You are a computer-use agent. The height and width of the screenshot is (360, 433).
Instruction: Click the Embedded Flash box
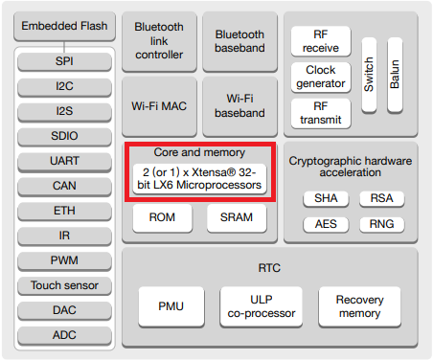[x=65, y=26]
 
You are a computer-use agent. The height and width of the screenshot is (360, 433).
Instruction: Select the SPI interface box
[x=65, y=62]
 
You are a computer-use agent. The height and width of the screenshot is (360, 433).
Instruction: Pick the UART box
[x=65, y=162]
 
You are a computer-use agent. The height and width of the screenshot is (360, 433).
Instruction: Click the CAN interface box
[x=65, y=186]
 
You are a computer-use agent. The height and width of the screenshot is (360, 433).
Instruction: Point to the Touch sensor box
[x=65, y=285]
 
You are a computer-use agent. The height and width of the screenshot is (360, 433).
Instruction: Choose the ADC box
[x=65, y=335]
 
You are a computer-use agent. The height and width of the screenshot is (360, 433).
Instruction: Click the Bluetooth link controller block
[x=159, y=41]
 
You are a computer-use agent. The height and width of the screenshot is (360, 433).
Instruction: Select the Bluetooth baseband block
[x=239, y=41]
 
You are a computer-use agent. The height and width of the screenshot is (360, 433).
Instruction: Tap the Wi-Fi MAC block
[x=159, y=105]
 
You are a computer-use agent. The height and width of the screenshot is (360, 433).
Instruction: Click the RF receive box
[x=321, y=41]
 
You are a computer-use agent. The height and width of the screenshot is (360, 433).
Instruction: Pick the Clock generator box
[x=321, y=78]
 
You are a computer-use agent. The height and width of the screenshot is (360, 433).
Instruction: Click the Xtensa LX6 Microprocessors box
[x=200, y=177]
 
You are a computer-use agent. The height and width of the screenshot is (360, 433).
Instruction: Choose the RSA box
[x=375, y=199]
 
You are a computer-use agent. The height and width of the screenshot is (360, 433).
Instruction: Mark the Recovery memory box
[x=359, y=306]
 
